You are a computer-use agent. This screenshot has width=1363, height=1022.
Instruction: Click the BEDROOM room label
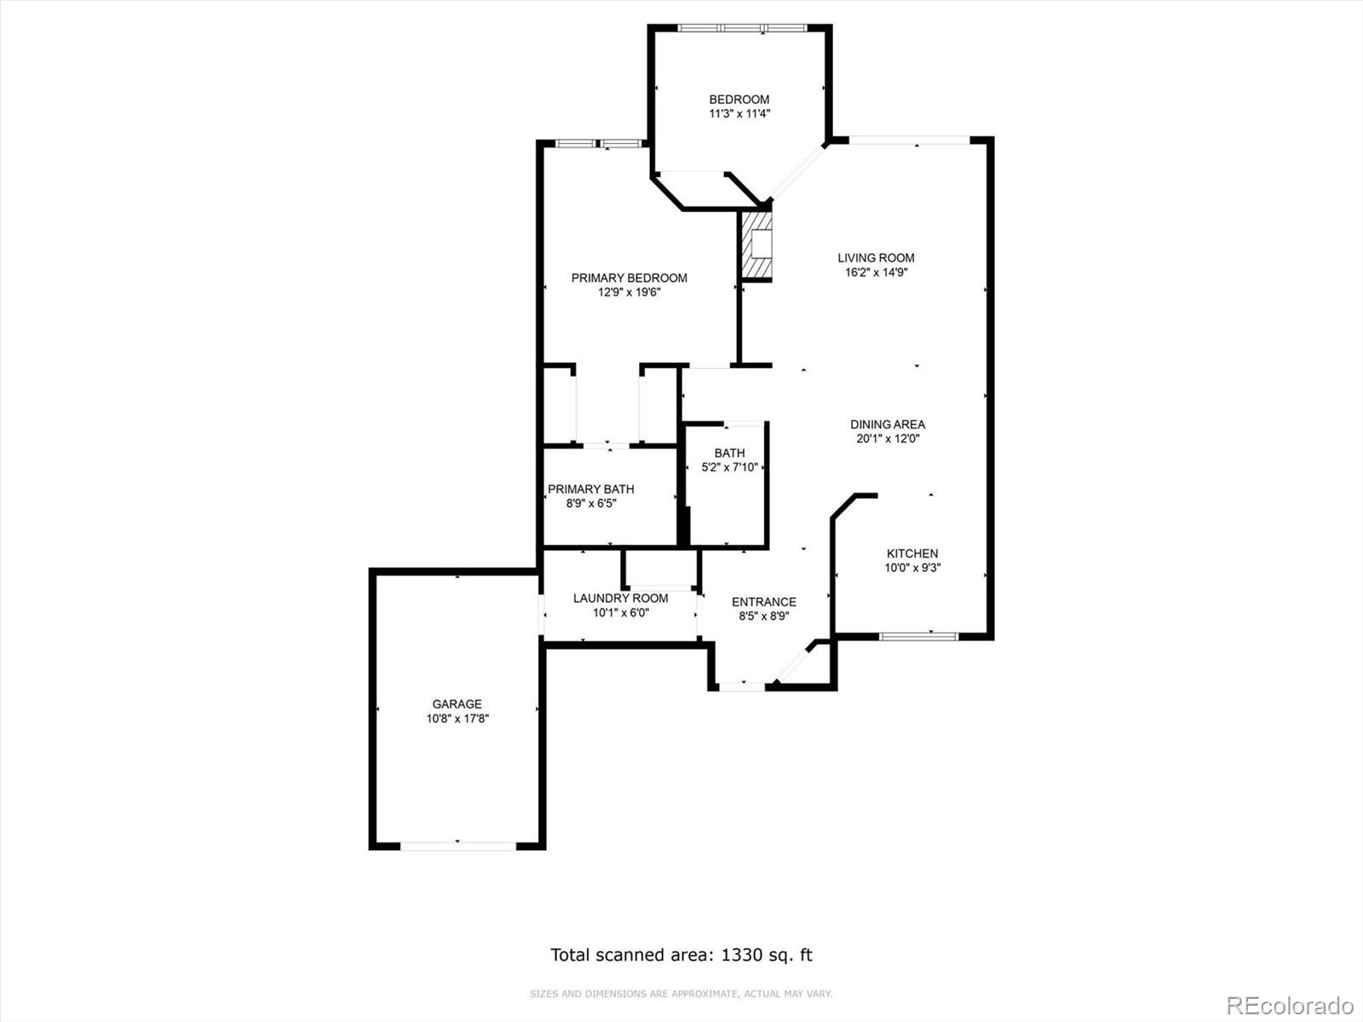739,100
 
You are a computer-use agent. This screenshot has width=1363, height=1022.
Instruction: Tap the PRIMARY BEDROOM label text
629,278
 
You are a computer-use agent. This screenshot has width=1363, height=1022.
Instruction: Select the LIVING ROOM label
876,258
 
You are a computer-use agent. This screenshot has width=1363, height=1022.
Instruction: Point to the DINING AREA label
888,424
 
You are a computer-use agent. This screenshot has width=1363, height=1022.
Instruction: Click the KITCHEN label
912,554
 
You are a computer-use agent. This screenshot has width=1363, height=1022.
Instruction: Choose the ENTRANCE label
763,602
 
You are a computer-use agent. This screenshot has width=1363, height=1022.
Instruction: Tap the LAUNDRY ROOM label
620,598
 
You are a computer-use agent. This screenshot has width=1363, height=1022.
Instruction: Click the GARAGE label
457,704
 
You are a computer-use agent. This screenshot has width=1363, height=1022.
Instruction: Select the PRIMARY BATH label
590,489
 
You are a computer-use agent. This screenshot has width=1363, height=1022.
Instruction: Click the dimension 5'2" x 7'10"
729,467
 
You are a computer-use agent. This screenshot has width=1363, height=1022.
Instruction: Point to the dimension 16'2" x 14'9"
876,273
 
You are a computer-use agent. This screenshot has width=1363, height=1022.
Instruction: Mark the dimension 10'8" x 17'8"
457,719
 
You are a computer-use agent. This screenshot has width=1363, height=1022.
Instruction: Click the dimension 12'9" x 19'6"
629,292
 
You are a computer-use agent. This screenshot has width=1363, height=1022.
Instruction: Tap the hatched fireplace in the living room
756,245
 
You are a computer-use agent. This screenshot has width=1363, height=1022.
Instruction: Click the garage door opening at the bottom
457,846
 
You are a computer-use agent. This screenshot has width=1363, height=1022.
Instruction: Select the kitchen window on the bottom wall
918,635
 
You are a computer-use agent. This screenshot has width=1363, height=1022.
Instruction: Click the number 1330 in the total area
742,955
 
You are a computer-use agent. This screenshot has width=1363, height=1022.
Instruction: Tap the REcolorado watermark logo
1290,1006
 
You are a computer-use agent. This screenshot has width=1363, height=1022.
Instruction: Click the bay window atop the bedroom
741,28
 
